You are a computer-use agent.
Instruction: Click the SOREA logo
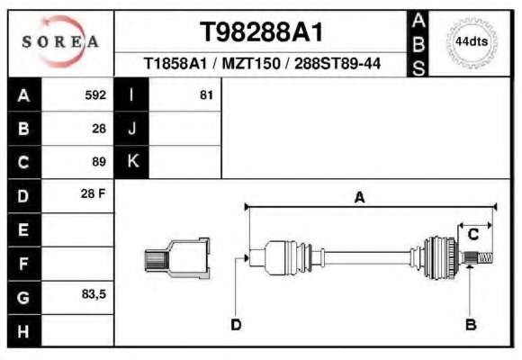[x=60, y=41]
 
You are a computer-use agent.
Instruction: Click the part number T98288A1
[x=261, y=32]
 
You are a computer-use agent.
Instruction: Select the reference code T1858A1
[x=175, y=63]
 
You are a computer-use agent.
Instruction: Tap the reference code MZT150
[x=251, y=63]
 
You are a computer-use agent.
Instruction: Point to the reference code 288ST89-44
[x=337, y=63]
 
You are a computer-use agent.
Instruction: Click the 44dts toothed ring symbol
[x=472, y=42]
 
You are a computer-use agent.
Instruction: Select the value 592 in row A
[x=95, y=95]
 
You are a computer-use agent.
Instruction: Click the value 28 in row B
[x=99, y=129]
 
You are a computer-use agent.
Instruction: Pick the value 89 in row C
[x=99, y=162]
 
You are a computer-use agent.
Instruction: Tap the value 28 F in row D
[x=94, y=193]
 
